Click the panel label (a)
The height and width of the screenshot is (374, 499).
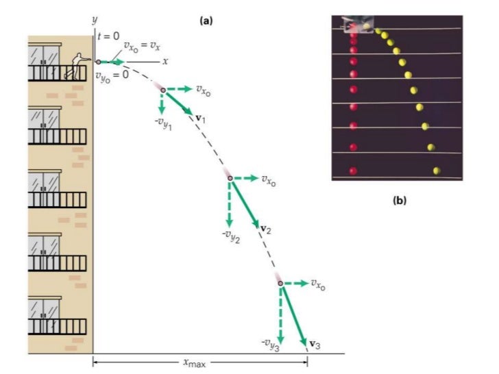coord(206,21)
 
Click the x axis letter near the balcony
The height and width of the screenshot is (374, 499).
coord(165,61)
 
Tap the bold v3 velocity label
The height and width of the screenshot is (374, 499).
coord(315,344)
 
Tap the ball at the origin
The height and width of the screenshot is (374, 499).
coord(98,62)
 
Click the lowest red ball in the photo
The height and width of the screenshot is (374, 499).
coord(354,170)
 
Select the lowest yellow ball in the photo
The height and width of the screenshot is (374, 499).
coord(436,170)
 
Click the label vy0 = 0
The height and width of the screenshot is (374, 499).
coord(113,74)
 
